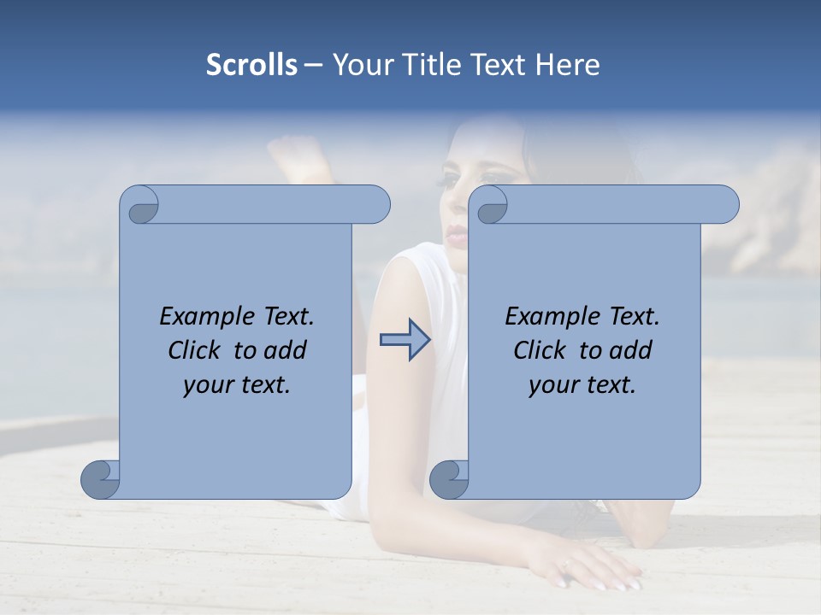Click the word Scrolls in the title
click(251, 65)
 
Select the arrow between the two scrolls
click(405, 340)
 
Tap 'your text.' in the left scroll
click(237, 384)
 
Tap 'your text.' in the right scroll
click(582, 384)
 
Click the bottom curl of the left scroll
click(100, 479)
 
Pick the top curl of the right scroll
click(490, 206)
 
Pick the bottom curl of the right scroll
click(448, 479)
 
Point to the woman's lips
click(458, 236)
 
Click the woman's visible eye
click(451, 180)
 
